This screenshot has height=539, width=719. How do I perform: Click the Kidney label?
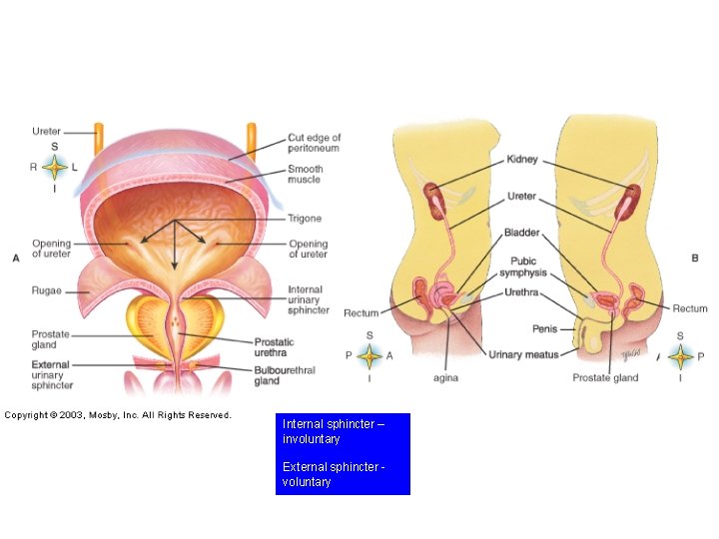[x=522, y=160]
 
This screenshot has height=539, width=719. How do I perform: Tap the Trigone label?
[x=304, y=218]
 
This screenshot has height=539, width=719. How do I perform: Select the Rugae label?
[x=47, y=291]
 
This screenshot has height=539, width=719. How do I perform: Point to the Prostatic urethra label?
[x=274, y=347]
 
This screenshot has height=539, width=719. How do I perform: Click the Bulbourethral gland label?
[x=285, y=375]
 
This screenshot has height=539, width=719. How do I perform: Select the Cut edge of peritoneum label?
[x=314, y=143]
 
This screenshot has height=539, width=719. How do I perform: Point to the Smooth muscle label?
[x=305, y=175]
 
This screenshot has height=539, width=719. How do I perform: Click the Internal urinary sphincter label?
[x=308, y=299]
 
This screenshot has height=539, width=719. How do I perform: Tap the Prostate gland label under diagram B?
[x=605, y=377]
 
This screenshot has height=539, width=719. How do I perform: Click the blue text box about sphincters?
[x=343, y=453]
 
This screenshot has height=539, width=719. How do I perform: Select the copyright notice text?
[x=118, y=415]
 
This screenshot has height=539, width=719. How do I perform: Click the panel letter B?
[x=694, y=258]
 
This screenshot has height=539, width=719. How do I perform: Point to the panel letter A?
[x=15, y=258]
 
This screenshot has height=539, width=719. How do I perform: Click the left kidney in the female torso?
[x=433, y=200]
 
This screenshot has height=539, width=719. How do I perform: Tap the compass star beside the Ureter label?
[x=55, y=167]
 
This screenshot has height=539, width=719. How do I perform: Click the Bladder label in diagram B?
[x=521, y=234]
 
